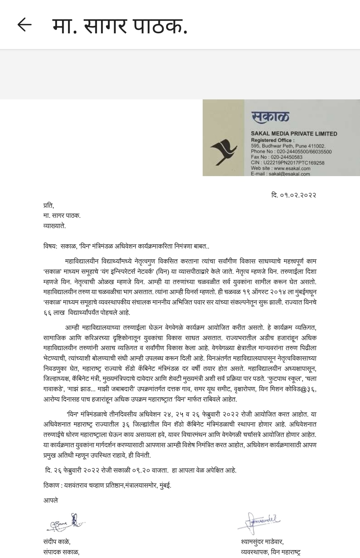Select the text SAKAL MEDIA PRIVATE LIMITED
(294, 134)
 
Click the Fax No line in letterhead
(277, 157)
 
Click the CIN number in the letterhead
(287, 163)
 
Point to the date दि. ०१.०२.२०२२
(293, 195)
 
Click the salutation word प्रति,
(49, 205)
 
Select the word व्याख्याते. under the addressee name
(54, 226)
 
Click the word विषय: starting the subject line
(50, 246)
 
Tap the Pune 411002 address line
(288, 146)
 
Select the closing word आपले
(50, 500)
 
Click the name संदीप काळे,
(57, 541)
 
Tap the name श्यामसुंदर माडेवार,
(262, 541)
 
